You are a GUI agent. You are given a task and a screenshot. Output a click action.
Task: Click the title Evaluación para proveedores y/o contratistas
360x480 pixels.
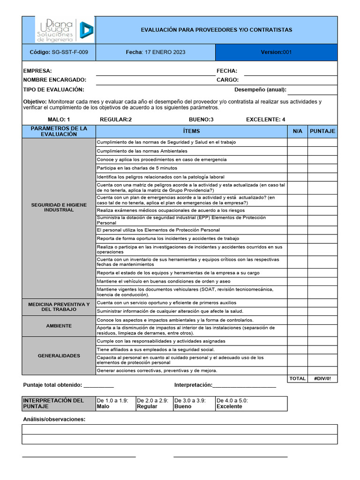pyautogui.click(x=216, y=30)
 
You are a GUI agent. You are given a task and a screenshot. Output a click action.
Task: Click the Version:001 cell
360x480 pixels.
pyautogui.click(x=276, y=52)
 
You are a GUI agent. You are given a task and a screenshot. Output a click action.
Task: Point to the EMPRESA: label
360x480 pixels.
pyautogui.click(x=37, y=71)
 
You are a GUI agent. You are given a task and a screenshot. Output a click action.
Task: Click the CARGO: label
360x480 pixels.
pyautogui.click(x=228, y=80)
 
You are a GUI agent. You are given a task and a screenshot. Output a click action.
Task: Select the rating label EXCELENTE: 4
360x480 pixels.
pyautogui.click(x=265, y=120)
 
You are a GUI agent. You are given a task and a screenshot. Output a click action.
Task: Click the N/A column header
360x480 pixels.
pyautogui.click(x=297, y=131)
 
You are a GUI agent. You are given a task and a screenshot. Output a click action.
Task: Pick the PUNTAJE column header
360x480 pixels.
pyautogui.click(x=322, y=131)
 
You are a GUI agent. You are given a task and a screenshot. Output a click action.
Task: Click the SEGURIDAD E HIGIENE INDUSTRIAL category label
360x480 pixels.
pyautogui.click(x=59, y=207)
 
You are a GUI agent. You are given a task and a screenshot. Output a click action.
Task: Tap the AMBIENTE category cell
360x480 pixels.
pyautogui.click(x=59, y=326)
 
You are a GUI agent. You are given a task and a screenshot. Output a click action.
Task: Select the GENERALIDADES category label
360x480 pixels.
pyautogui.click(x=59, y=356)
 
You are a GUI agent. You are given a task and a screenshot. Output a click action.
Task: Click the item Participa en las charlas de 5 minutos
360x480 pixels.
pyautogui.click(x=137, y=168)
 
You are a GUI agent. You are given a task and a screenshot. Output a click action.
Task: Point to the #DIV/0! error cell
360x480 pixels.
pyautogui.click(x=322, y=379)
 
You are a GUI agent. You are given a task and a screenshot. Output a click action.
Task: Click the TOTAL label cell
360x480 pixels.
pyautogui.click(x=297, y=379)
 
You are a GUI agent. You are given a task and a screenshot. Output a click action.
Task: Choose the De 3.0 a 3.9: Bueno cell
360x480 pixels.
pyautogui.click(x=194, y=404)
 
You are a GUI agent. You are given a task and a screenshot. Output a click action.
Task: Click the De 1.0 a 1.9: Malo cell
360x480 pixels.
pyautogui.click(x=115, y=404)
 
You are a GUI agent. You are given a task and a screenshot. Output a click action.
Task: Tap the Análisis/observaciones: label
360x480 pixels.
pyautogui.click(x=54, y=419)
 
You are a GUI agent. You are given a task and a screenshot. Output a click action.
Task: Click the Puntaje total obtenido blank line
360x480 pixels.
pyautogui.click(x=98, y=386)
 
